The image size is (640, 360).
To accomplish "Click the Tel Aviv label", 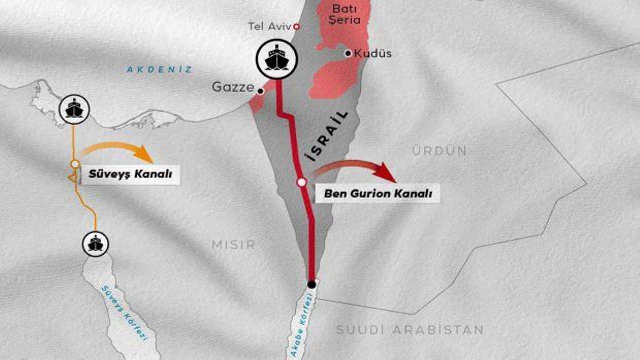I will click(x=269, y=27).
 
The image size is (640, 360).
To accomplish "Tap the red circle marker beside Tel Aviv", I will click(x=296, y=26).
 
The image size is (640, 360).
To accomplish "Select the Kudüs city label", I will click(x=373, y=53).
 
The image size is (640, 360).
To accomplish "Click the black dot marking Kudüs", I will click(x=348, y=53).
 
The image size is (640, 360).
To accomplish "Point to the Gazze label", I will click(x=233, y=87).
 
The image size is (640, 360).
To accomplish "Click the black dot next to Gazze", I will click(x=260, y=91).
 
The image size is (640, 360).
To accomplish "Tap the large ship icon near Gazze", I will click(x=276, y=59).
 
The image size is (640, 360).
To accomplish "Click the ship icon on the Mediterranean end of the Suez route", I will click(x=74, y=109).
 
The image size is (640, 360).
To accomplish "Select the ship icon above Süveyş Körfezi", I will click(x=95, y=244).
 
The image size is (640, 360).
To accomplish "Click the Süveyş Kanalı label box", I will click(x=130, y=175).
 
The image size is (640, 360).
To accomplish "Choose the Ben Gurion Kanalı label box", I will click(x=378, y=194).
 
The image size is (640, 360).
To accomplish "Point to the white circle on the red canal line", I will click(x=301, y=183).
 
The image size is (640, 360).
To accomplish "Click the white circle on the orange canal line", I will click(x=75, y=164).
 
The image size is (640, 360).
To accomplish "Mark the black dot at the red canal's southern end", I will click(x=312, y=284).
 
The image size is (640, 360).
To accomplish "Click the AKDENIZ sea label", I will click(x=159, y=70).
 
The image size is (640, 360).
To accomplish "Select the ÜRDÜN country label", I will click(x=440, y=151).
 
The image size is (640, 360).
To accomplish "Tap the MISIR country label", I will click(x=233, y=244).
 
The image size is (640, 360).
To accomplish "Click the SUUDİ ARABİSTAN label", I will click(x=410, y=330).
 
